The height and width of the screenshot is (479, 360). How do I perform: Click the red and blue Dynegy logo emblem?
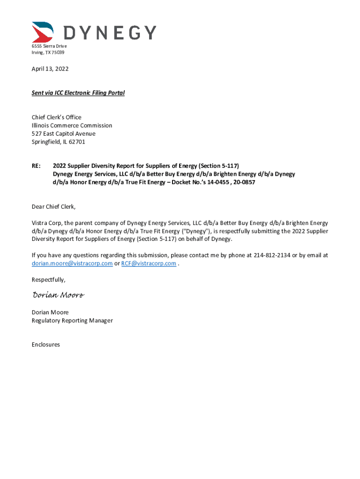[43, 32]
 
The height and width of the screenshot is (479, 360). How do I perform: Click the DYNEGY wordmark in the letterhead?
[109, 33]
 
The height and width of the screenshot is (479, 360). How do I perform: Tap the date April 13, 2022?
[50, 69]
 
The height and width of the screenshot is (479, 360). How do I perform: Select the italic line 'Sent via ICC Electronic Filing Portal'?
[78, 93]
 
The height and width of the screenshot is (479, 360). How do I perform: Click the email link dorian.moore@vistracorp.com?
[72, 263]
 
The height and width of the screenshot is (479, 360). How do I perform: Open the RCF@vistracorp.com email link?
[148, 263]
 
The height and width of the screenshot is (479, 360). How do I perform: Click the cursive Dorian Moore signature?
[58, 295]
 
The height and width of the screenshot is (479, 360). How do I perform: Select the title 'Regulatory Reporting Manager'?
[72, 320]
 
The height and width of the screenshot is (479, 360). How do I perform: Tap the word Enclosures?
[46, 344]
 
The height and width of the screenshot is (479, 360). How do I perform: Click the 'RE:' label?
[36, 166]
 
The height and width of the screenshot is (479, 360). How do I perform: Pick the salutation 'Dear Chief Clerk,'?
[53, 206]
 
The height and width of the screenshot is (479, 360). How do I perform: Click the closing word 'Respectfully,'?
[49, 280]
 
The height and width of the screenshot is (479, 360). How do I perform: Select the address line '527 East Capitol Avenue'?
[63, 134]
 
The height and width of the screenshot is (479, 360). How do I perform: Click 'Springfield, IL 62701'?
[58, 142]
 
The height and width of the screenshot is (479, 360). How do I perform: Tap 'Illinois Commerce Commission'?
[72, 125]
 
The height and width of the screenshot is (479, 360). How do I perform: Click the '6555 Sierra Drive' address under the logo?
[49, 46]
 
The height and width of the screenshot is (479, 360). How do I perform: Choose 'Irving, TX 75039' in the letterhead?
[48, 52]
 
